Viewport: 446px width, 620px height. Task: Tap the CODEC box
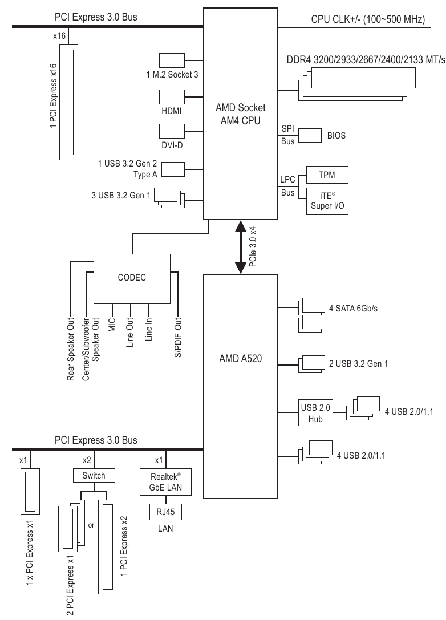(x=132, y=278)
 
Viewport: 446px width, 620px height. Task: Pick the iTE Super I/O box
(x=327, y=200)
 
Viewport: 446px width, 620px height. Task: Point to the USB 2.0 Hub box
(x=311, y=412)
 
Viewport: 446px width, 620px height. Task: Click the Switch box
(x=90, y=475)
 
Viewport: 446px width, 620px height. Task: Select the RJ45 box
(x=165, y=512)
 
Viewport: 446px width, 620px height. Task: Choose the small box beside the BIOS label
(x=310, y=136)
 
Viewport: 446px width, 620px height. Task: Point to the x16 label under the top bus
(x=59, y=35)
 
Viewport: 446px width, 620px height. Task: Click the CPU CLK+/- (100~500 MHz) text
(x=368, y=19)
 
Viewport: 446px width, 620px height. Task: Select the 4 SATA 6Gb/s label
(x=354, y=309)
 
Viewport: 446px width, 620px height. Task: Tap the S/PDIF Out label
(x=178, y=337)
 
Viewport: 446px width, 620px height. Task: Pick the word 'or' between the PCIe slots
(x=90, y=524)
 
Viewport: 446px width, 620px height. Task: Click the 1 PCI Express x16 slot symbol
(x=70, y=103)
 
